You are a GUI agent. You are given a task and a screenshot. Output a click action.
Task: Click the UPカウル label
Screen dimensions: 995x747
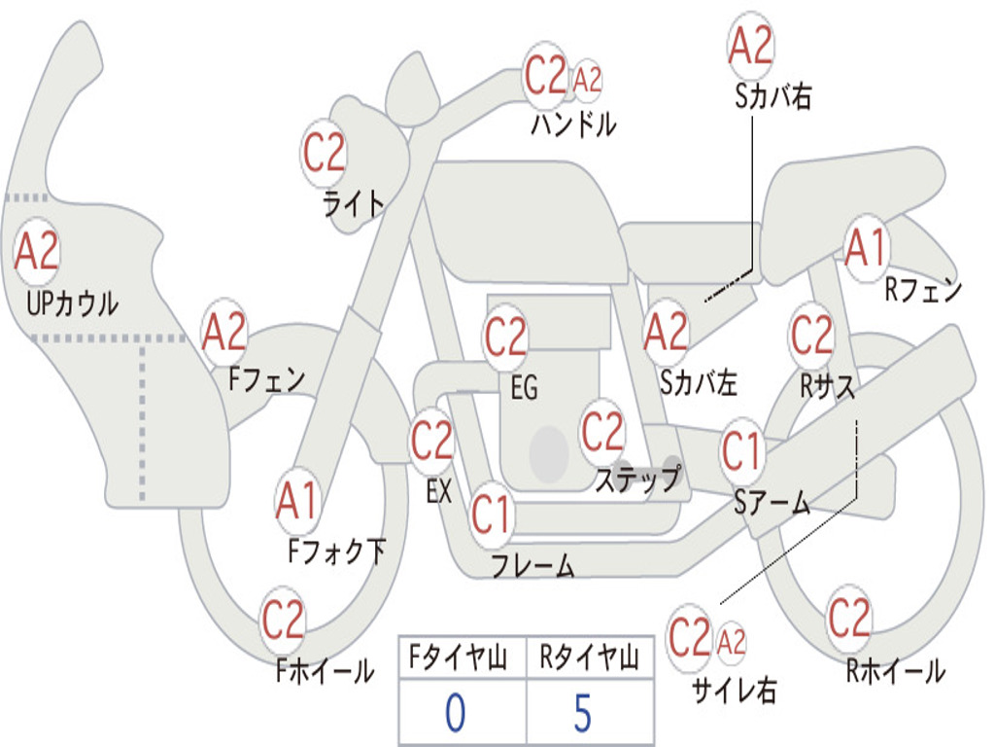click(72, 303)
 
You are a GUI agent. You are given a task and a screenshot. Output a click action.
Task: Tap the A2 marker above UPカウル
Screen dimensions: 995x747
click(37, 251)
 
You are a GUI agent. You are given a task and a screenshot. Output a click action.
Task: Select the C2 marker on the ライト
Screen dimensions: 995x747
click(325, 153)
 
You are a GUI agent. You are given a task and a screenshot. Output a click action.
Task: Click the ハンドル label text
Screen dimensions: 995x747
click(573, 124)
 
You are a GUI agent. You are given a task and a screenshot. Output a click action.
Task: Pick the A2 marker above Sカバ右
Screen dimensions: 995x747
click(751, 45)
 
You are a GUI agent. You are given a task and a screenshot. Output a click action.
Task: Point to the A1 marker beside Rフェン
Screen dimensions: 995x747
click(866, 248)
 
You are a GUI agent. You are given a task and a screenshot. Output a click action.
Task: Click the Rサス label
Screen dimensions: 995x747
click(827, 385)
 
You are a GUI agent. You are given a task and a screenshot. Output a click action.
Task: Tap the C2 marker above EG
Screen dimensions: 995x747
click(505, 336)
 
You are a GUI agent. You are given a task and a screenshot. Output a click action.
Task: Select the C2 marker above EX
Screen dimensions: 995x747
click(432, 440)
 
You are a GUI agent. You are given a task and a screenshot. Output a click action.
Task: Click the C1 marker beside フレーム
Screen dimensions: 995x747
click(491, 514)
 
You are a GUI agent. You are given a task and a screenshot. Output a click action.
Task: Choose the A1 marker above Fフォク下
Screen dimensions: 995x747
click(297, 501)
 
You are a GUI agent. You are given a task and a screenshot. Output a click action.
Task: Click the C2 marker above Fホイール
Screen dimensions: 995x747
click(283, 620)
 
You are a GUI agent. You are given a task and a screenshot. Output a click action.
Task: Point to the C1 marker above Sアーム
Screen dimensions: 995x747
click(741, 451)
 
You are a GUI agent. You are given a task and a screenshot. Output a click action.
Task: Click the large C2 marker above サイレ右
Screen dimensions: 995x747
click(690, 637)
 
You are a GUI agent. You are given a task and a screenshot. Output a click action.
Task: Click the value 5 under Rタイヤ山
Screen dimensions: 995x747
click(583, 713)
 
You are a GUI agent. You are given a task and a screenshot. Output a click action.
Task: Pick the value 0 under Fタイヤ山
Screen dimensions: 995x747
click(456, 713)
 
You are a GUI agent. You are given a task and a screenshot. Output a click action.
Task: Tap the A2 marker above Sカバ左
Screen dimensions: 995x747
click(666, 333)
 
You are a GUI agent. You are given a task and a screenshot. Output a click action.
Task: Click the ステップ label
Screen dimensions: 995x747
click(638, 479)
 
